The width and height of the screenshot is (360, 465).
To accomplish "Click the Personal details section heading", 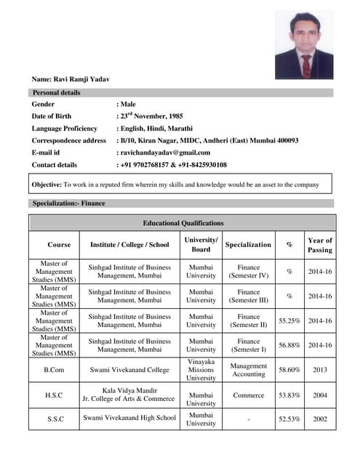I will (56, 93).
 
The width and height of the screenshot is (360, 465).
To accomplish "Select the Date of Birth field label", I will (57, 116).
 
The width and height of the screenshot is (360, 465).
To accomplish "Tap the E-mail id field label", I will (46, 153).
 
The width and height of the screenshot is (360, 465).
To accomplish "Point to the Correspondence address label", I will (69, 140).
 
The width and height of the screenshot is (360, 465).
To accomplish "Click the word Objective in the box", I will (47, 185).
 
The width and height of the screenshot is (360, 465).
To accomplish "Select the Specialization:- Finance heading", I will (68, 203).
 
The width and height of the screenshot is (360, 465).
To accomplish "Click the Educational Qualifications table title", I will (183, 223).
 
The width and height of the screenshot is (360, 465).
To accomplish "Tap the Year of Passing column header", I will (320, 245).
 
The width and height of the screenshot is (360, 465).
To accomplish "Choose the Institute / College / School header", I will (129, 245).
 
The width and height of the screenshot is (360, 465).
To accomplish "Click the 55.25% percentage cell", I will (290, 320).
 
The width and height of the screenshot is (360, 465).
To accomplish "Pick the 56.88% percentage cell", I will (290, 345).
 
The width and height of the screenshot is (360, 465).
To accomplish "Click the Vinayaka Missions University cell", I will (201, 370).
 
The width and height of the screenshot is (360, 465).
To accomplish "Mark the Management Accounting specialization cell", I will (249, 370).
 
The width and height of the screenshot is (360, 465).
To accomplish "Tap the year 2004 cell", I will (320, 395).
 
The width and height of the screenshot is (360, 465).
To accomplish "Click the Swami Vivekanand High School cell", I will (129, 418).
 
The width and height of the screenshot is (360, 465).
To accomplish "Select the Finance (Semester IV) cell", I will (249, 271).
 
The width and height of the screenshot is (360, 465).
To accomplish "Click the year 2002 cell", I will (320, 418).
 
